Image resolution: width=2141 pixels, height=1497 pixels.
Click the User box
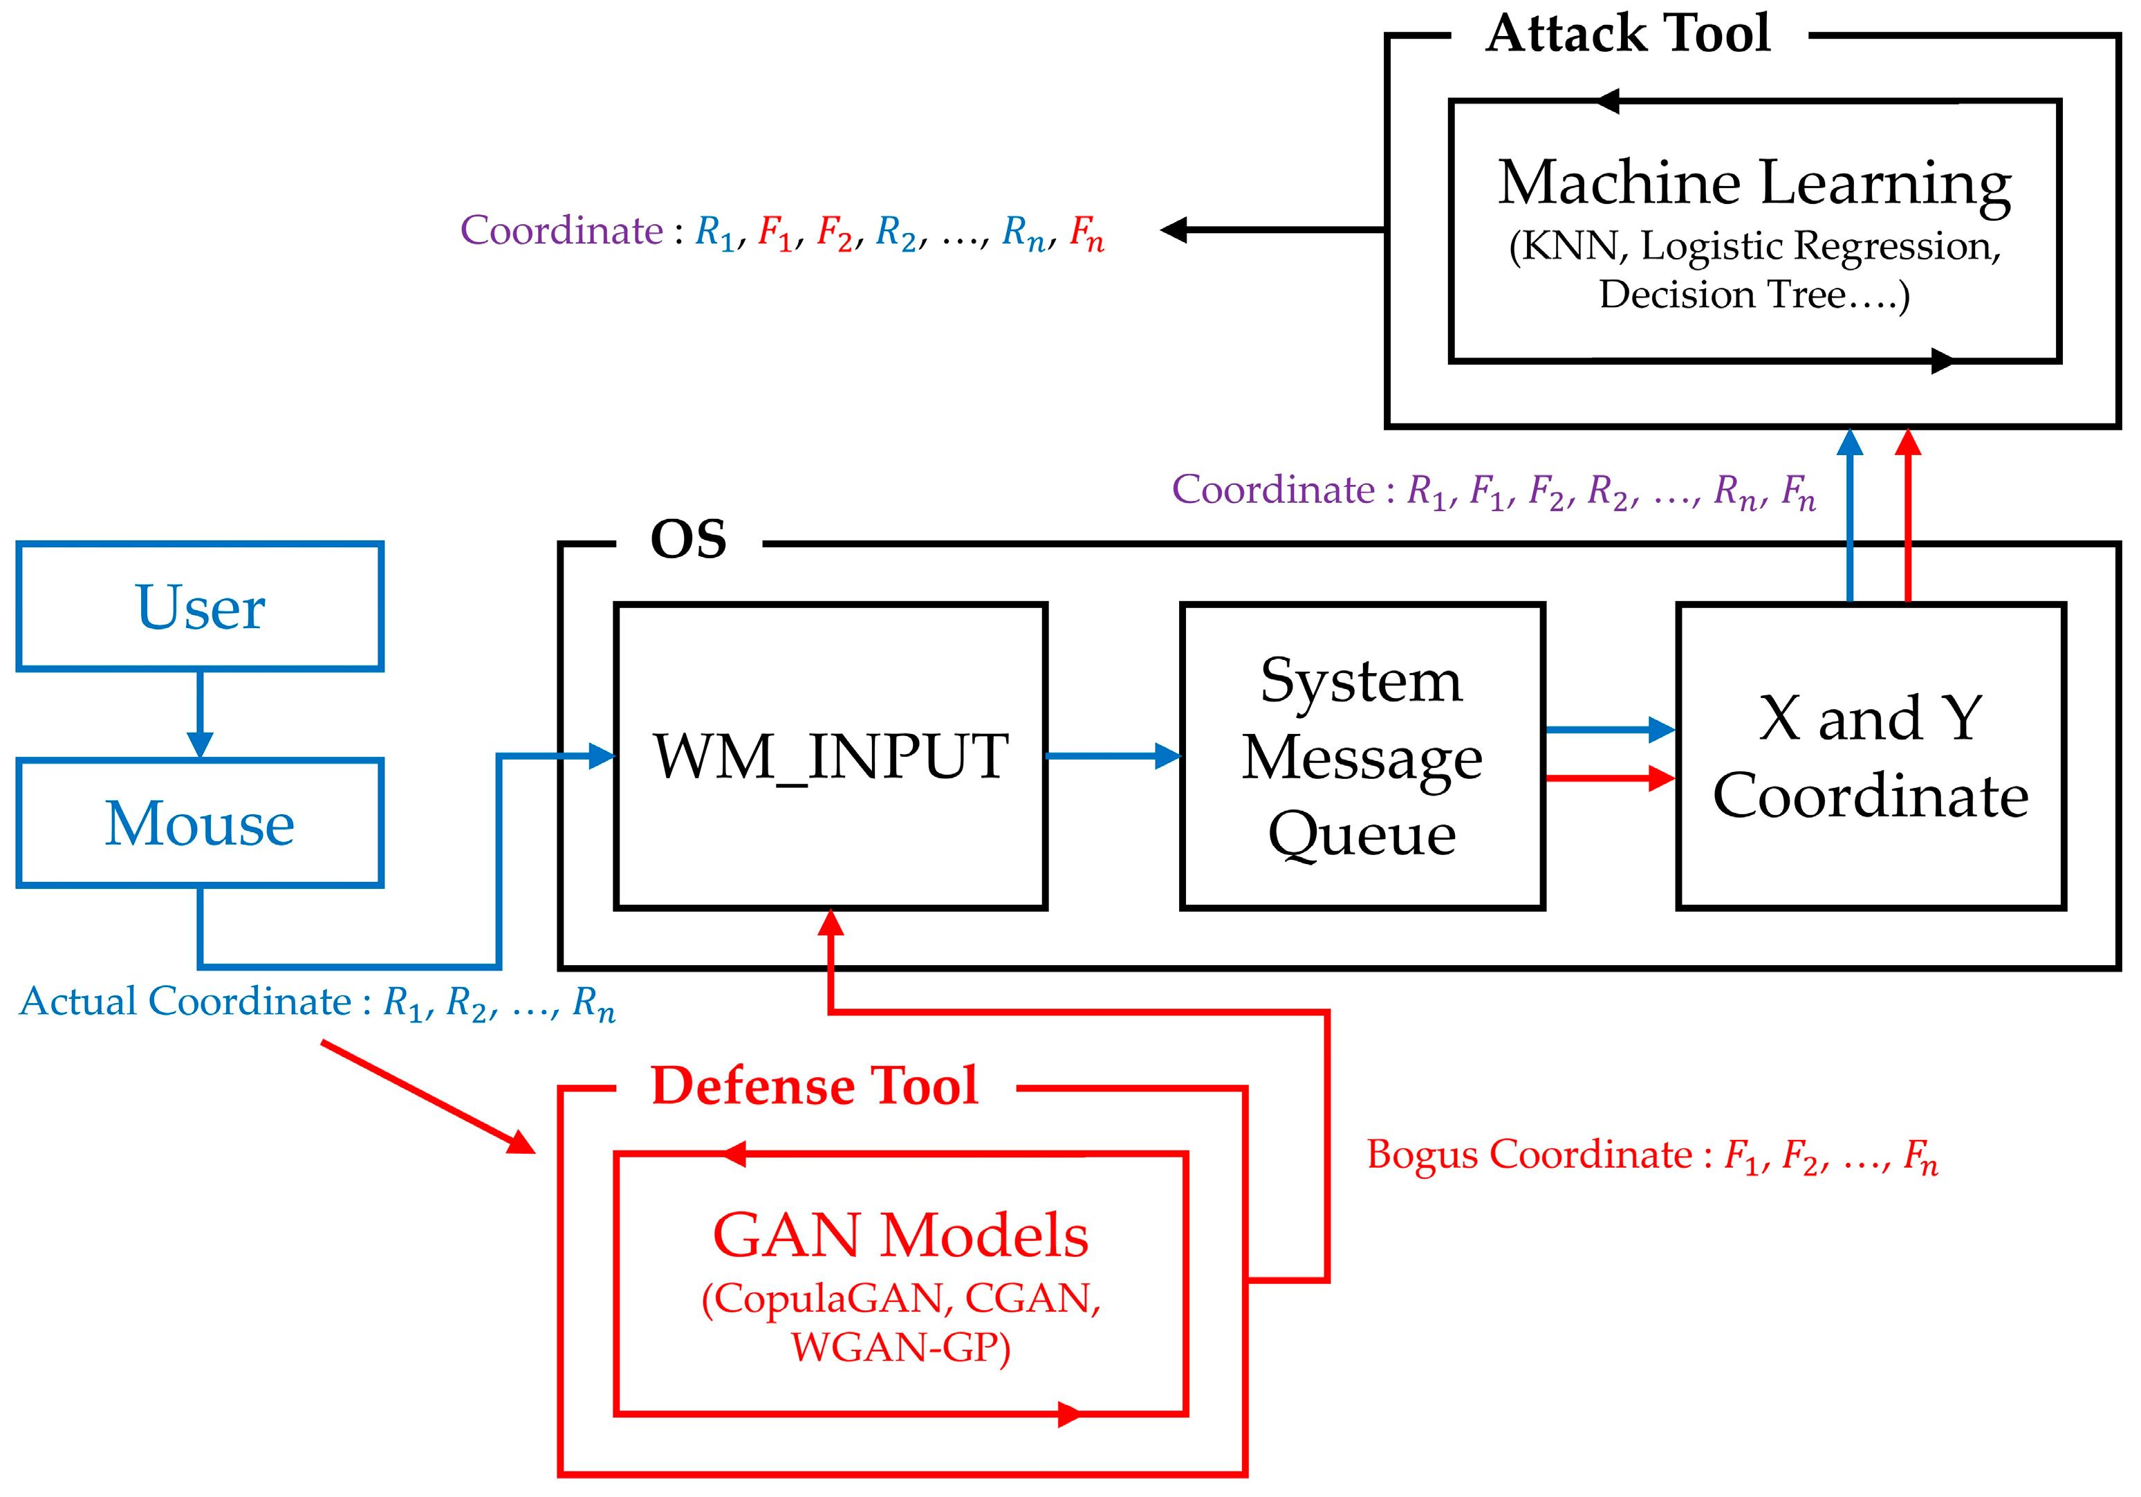pos(200,606)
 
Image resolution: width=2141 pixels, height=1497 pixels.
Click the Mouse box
pos(200,823)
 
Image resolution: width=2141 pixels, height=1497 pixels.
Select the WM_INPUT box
pos(830,755)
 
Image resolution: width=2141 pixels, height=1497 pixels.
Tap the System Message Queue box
pos(1362,755)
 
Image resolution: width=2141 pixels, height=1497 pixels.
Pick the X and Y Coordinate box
pos(1871,755)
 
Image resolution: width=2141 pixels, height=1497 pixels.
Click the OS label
pos(688,539)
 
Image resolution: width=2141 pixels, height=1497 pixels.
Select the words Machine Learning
pos(1754,183)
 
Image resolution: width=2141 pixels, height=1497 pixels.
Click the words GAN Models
pos(900,1235)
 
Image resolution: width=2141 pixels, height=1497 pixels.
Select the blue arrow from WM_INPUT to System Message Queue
pos(1113,755)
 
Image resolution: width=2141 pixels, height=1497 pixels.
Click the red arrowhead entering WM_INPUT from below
pos(830,924)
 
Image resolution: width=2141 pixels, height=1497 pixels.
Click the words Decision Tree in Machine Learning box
pos(1721,295)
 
